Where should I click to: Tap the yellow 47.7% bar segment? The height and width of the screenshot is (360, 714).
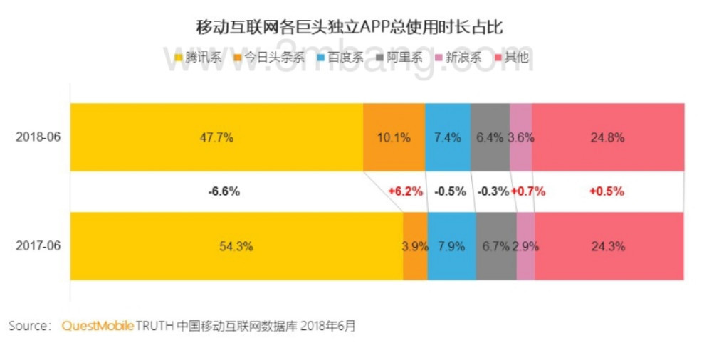point(216,137)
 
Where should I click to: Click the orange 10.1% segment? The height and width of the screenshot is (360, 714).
point(394,137)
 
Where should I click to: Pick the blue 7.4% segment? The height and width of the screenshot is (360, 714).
point(448,137)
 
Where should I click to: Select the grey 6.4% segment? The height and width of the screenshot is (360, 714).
point(490,137)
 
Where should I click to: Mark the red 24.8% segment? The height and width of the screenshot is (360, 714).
point(607,137)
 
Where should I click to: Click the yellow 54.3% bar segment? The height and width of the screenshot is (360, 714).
point(236,246)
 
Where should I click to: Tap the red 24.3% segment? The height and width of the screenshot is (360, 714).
point(608,246)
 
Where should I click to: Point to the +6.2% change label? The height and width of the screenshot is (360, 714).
point(405,191)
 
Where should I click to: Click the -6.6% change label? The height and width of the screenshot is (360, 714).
point(224,191)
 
